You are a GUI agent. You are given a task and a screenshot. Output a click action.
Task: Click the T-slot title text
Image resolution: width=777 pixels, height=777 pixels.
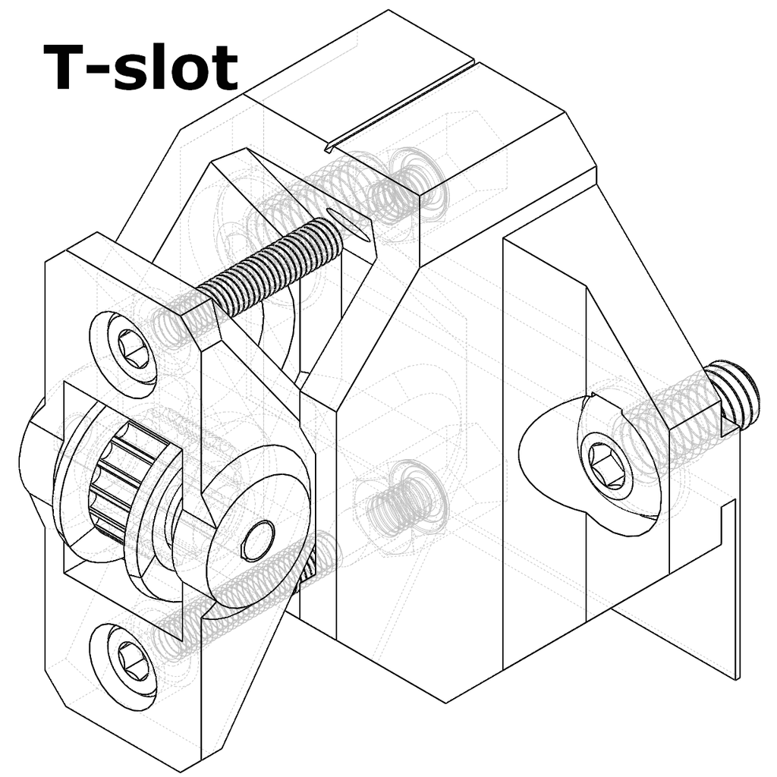[140, 67]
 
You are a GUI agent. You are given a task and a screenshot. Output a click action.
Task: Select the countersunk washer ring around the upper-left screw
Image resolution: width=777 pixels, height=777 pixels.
[124, 354]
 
